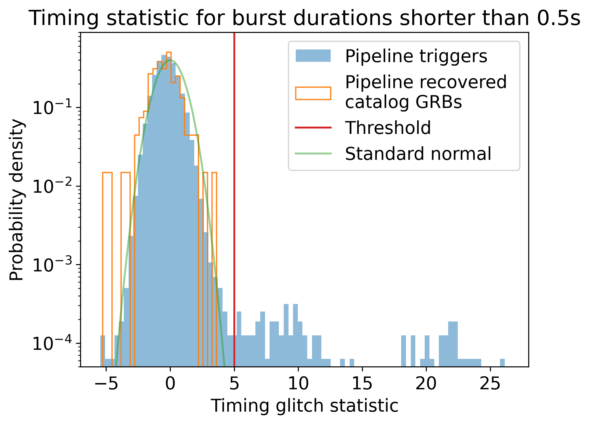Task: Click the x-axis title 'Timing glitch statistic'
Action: point(304,406)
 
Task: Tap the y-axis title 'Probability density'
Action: point(17,200)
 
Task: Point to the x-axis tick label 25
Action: point(490,384)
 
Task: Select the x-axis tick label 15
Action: point(362,384)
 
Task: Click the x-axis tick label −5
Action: point(106,384)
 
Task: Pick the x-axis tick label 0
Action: point(170,384)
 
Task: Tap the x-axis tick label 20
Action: point(426,384)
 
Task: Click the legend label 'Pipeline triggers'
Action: point(416,56)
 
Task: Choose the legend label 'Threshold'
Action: point(388,128)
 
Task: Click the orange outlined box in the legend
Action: point(313,87)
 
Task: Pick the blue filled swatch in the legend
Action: point(313,56)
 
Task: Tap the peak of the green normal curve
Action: point(170,60)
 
